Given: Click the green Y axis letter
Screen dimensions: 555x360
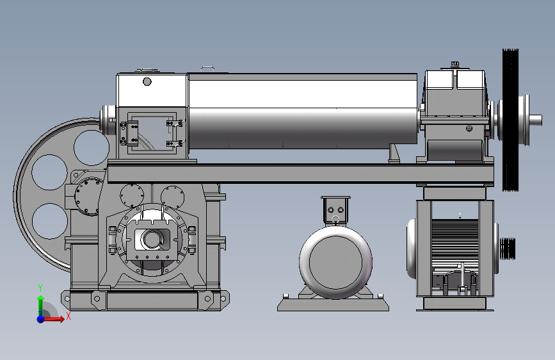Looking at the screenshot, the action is (x=40, y=288).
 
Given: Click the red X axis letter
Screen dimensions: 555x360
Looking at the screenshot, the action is (x=68, y=316).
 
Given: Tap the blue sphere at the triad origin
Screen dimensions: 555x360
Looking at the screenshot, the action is (x=41, y=319).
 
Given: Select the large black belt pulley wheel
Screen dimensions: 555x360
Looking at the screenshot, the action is (x=510, y=120).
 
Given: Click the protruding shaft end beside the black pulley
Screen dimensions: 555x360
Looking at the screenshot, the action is (x=536, y=120).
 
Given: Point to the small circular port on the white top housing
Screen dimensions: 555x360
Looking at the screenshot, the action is (x=147, y=82).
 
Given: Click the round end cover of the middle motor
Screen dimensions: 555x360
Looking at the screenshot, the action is (x=335, y=262).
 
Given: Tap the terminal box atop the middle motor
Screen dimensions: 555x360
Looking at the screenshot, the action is (x=335, y=209).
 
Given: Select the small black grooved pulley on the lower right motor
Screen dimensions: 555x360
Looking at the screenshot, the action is (x=508, y=249).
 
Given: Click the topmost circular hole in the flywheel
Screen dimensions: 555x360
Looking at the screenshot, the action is (x=92, y=147).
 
